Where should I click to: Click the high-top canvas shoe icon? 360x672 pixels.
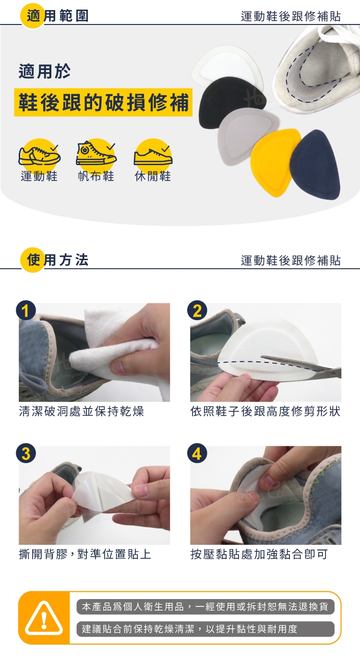96,154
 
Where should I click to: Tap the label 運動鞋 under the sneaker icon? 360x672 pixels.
39,176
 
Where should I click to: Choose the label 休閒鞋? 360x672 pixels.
153,176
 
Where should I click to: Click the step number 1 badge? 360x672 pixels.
26,311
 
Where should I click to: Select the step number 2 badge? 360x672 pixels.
197,311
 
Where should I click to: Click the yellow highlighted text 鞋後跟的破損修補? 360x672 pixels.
104,102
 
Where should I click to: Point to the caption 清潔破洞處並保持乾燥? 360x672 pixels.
82,411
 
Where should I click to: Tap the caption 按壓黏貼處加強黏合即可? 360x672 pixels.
259,554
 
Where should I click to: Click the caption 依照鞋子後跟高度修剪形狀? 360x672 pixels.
265,411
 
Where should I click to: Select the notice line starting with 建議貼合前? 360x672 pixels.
189,629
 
